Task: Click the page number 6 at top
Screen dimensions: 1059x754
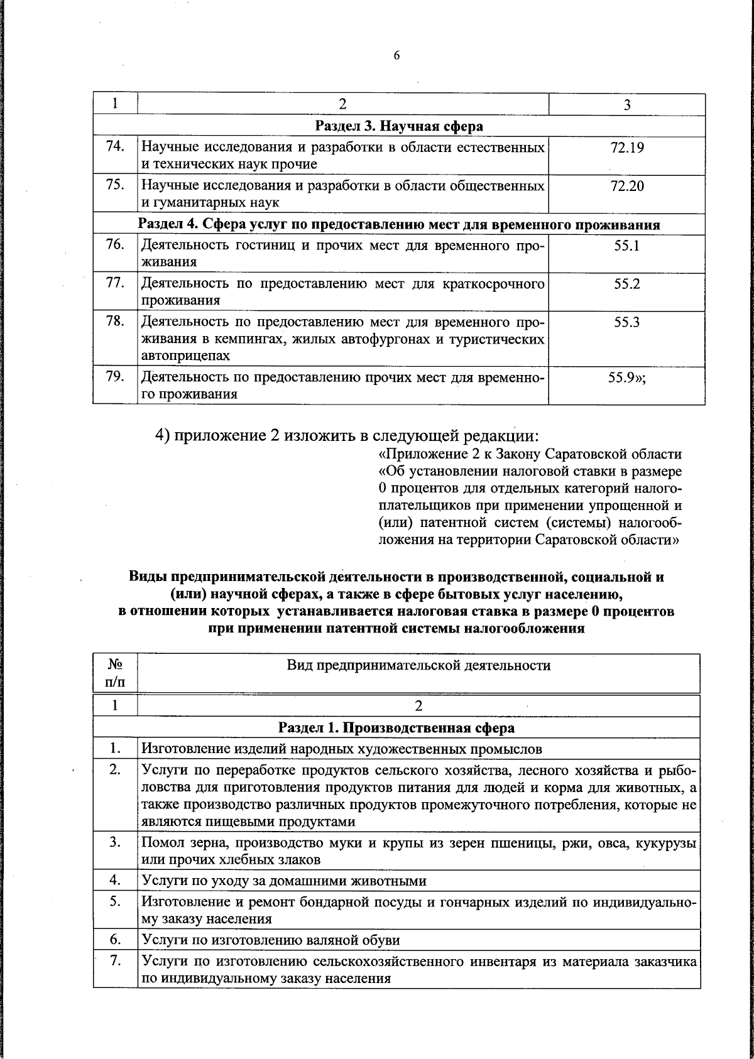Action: tap(396, 55)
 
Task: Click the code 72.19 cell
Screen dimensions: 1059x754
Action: tap(626, 148)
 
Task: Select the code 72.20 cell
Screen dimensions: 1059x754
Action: tap(626, 187)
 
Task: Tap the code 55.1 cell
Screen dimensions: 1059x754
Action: tap(626, 246)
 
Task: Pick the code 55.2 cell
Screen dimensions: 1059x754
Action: tap(626, 284)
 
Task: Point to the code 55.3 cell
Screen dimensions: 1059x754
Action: tap(626, 323)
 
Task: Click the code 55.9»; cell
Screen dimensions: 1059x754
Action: tap(630, 378)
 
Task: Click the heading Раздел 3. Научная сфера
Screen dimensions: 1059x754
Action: tap(399, 126)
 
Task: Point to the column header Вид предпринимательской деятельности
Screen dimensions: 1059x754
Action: tap(418, 666)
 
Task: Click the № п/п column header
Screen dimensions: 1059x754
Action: tap(115, 673)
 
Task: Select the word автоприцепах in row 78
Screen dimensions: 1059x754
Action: tap(185, 356)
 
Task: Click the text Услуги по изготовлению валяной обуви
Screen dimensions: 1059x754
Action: tap(271, 940)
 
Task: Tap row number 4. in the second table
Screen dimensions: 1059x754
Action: tap(114, 880)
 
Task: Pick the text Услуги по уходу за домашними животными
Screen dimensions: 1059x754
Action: tap(284, 881)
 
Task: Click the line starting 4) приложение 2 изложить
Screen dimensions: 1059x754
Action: tap(347, 435)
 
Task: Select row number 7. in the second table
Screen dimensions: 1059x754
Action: tap(114, 961)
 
